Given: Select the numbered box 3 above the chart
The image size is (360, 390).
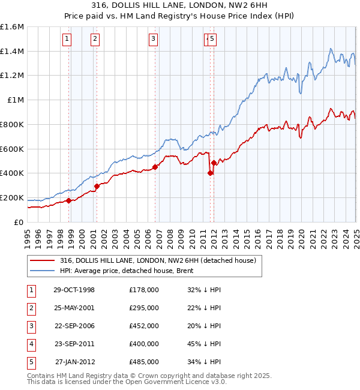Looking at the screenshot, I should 153,40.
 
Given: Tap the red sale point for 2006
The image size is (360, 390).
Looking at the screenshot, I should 155,167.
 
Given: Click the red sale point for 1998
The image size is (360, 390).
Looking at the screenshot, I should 68,200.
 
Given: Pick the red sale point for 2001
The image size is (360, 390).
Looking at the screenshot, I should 97,186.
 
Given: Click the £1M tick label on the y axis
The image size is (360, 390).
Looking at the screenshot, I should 16,100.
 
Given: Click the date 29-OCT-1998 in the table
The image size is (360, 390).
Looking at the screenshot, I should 74,290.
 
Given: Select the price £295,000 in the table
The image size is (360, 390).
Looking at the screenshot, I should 143,308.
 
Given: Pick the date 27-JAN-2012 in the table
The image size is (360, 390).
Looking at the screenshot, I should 74,362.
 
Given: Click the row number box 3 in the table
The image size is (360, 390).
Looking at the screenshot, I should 31,326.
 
